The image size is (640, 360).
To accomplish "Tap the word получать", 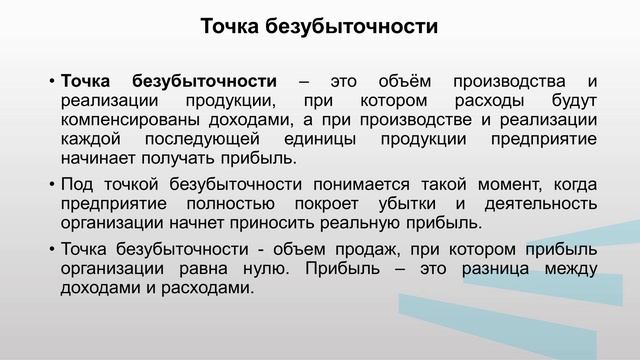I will coord(181,157).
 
